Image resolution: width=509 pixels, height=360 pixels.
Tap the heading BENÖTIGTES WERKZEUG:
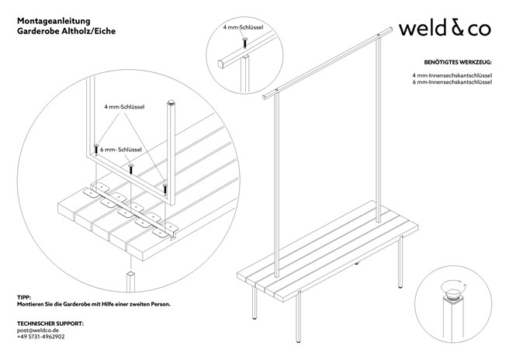click(457, 61)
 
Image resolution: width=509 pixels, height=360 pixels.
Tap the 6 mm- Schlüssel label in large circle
click(119, 148)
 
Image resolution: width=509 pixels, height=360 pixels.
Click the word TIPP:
click(23, 297)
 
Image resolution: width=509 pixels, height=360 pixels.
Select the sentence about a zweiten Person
click(93, 305)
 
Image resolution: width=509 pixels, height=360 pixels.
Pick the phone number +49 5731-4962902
click(40, 337)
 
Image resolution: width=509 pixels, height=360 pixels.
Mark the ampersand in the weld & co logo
click(455, 29)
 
